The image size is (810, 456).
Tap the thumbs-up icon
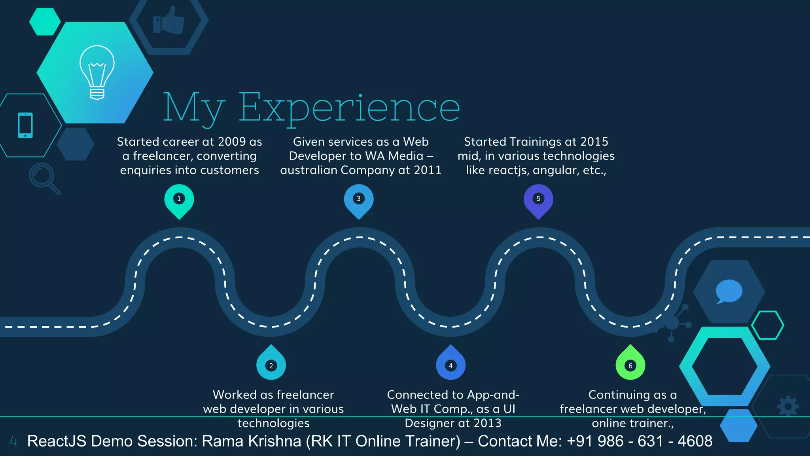click(169, 20)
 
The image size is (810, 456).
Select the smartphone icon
click(25, 125)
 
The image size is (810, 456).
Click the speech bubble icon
click(729, 291)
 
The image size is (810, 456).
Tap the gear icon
click(788, 406)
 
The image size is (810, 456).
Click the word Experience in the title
click(349, 107)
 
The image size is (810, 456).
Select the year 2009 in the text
click(232, 142)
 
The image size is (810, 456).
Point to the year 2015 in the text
click(594, 142)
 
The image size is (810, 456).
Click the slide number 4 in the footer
click(13, 441)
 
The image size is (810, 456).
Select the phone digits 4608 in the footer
click(695, 441)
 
